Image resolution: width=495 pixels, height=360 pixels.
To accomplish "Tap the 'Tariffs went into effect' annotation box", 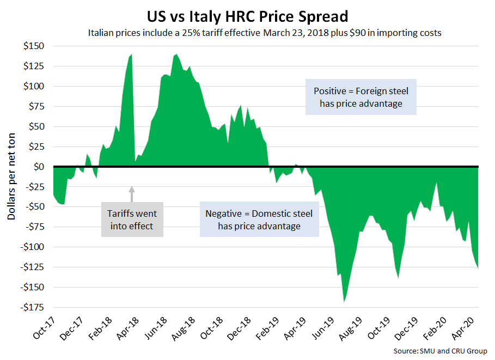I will coord(132,219).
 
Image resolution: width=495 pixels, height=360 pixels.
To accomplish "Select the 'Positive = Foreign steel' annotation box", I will coord(361,97).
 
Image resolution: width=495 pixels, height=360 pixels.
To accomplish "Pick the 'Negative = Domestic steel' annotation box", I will coord(259,219).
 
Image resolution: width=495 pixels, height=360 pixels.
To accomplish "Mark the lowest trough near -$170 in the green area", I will coord(344,301).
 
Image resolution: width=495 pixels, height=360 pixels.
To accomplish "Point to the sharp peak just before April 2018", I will coord(131,55).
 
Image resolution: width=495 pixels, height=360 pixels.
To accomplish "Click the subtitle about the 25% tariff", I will coord(264,33).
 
